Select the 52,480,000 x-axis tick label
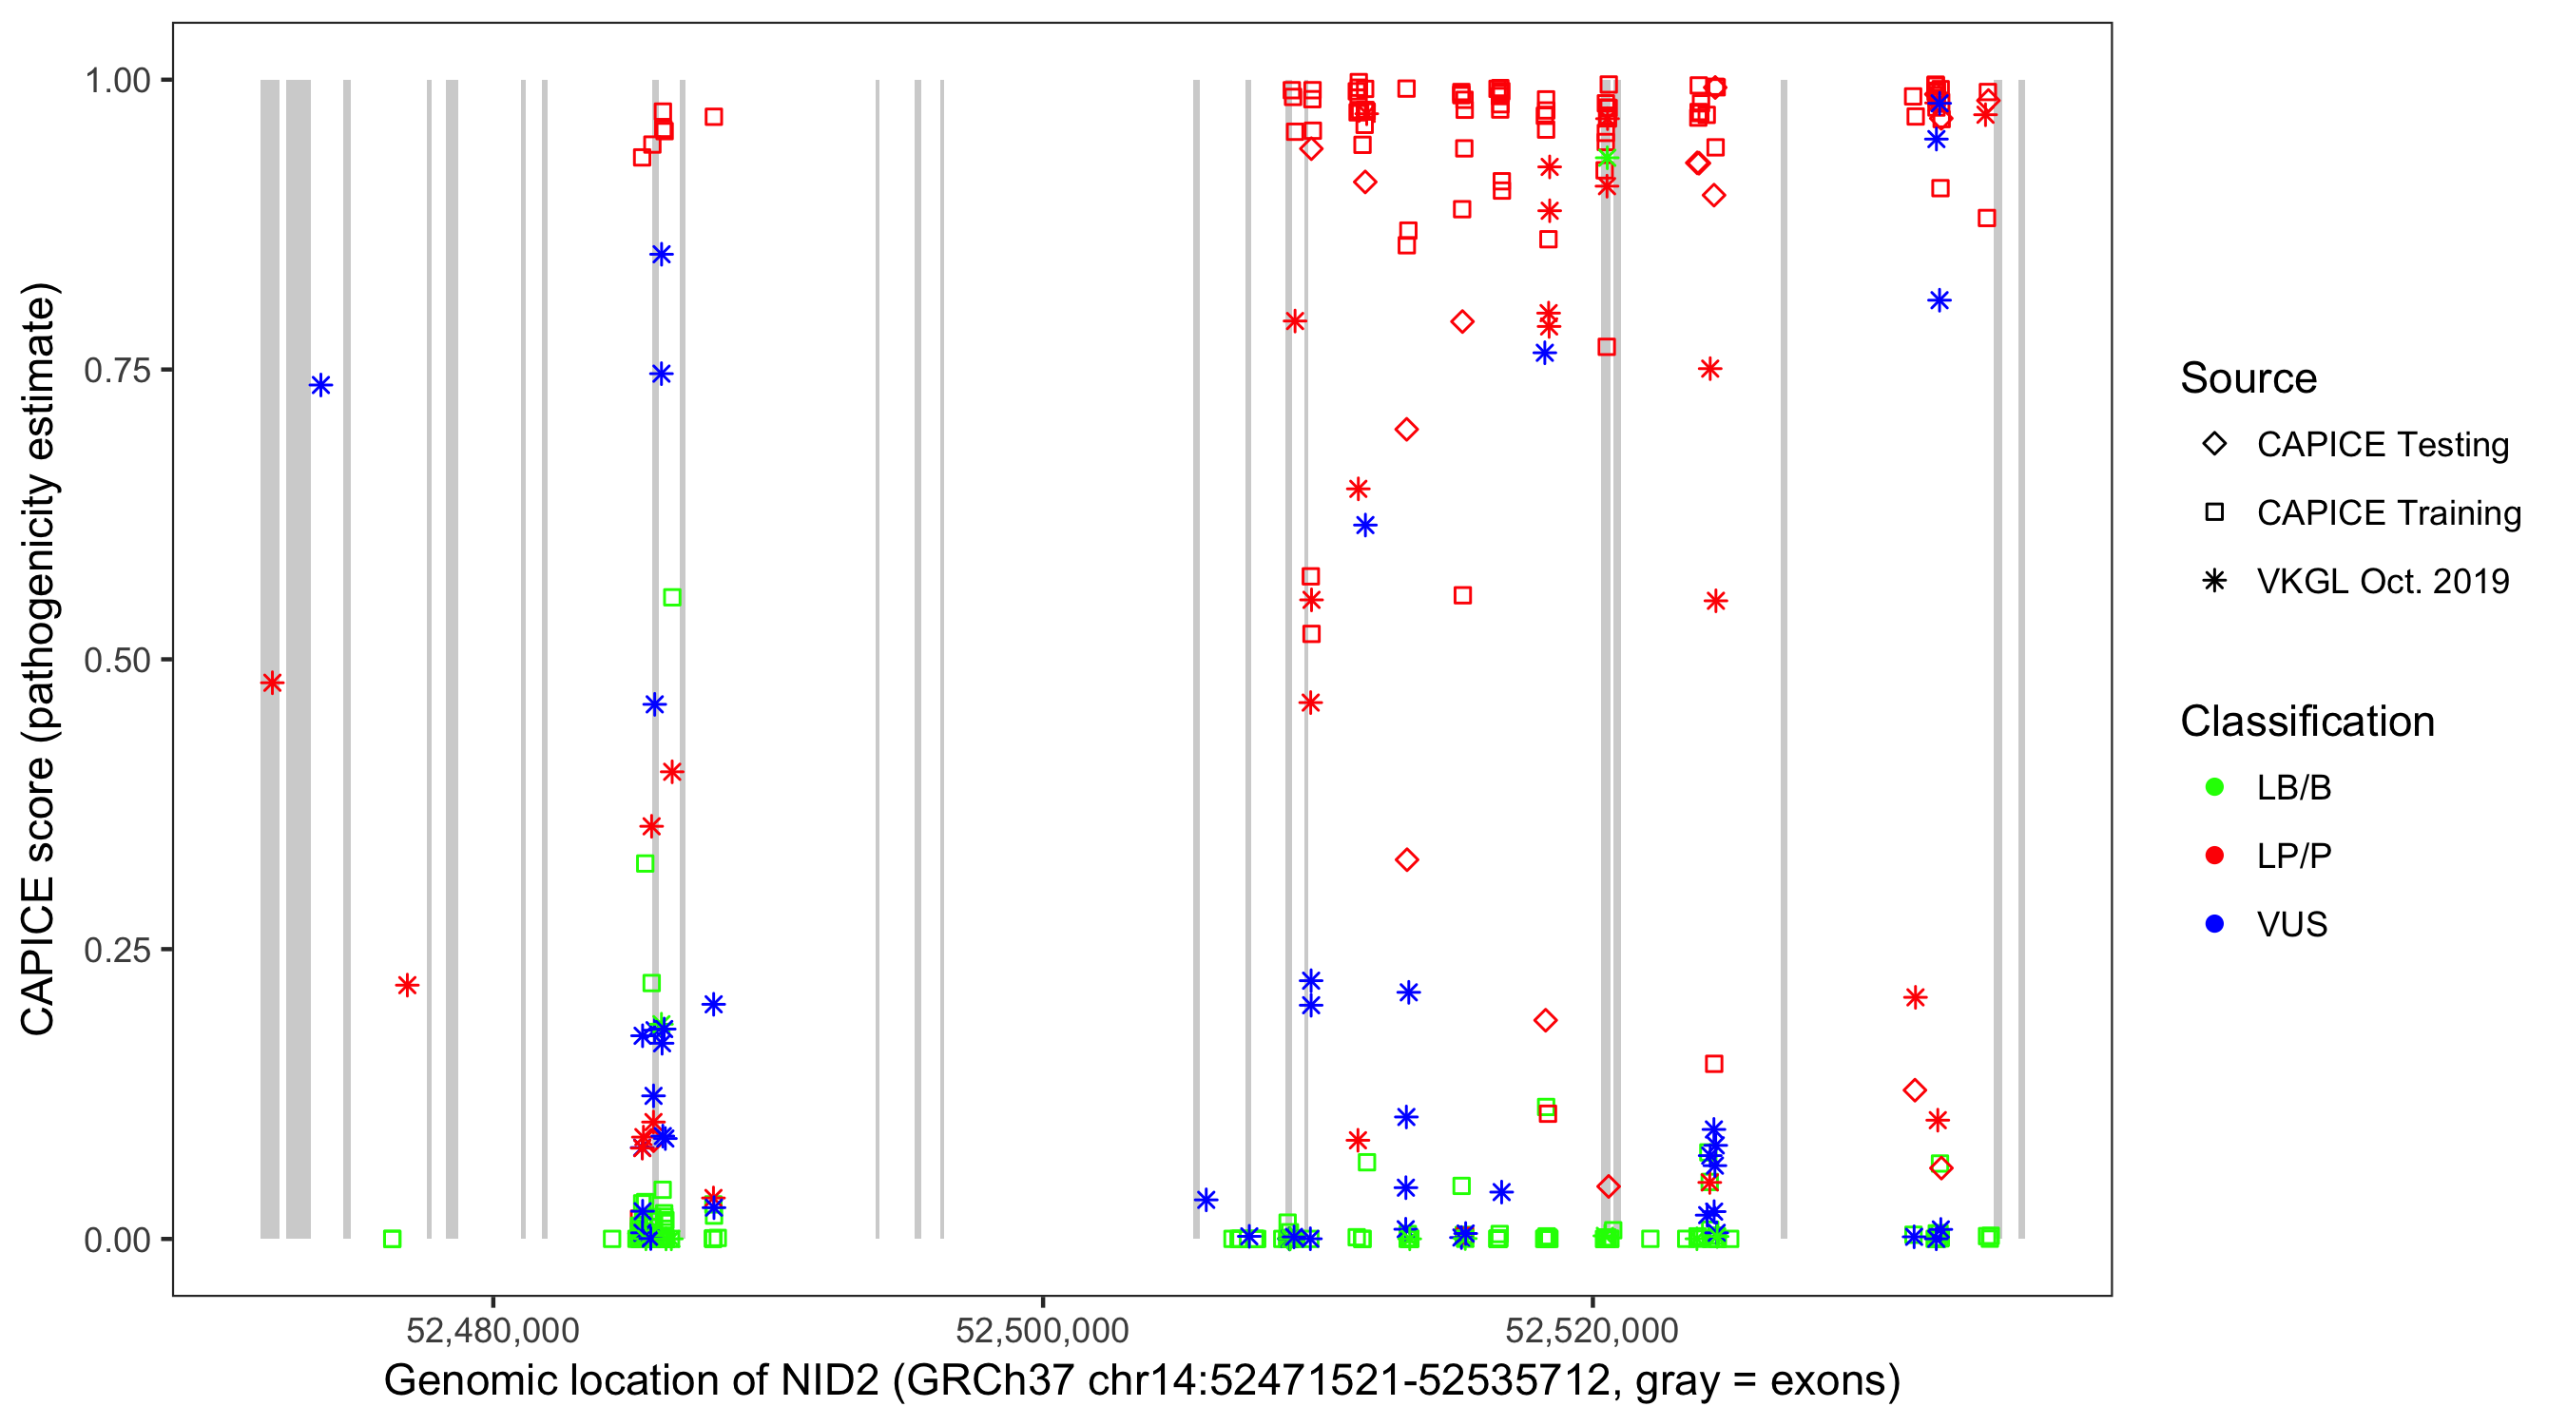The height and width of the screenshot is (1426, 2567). coord(492,1330)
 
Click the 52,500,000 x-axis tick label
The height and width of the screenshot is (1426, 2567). coord(1041,1330)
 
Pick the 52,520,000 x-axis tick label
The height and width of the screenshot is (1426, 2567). coord(1592,1330)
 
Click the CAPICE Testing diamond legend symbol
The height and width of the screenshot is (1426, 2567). coord(2214,445)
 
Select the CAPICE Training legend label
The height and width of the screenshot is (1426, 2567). coord(2387,513)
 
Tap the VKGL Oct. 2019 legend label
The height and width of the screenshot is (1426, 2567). coord(2382,582)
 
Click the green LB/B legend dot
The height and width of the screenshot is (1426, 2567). coord(2214,787)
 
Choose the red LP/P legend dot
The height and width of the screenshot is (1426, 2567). coord(2214,856)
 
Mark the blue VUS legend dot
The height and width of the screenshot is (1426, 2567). coord(2214,925)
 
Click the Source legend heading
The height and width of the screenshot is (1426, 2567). coord(2249,378)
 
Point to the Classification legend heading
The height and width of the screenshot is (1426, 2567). coord(2306,722)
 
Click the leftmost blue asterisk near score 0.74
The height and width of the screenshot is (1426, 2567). coord(321,386)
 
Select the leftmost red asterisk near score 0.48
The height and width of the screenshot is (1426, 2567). coord(272,684)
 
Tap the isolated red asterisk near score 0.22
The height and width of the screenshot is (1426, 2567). coord(407,986)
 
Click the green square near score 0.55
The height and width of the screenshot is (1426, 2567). coord(672,598)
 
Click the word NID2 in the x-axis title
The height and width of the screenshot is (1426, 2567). coord(829,1381)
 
